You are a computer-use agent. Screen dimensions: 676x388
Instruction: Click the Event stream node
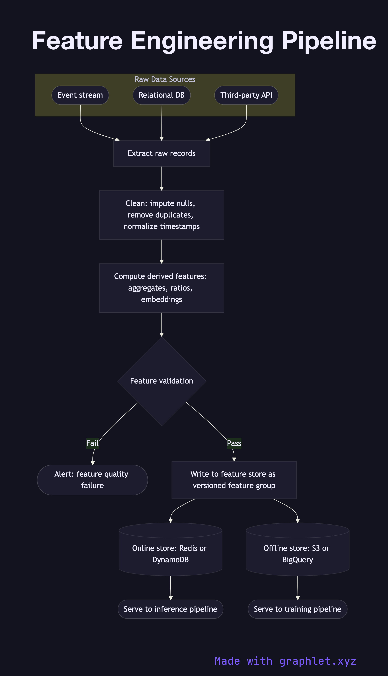80,95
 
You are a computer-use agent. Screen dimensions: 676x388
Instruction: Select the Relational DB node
162,95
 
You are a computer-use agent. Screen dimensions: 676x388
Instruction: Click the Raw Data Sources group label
165,79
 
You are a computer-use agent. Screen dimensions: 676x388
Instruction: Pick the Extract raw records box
162,154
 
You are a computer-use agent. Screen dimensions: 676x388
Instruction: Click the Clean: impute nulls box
162,215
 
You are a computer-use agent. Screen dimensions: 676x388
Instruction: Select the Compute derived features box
162,288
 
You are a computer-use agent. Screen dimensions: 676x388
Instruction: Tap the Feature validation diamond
162,381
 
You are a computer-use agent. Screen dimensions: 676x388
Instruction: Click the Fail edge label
92,443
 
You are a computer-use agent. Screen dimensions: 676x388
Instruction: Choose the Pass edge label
234,443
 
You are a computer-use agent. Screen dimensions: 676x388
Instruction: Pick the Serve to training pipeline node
297,609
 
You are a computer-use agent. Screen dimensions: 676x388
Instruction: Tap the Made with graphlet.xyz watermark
285,661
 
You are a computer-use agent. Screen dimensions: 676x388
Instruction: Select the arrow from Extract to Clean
162,178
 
